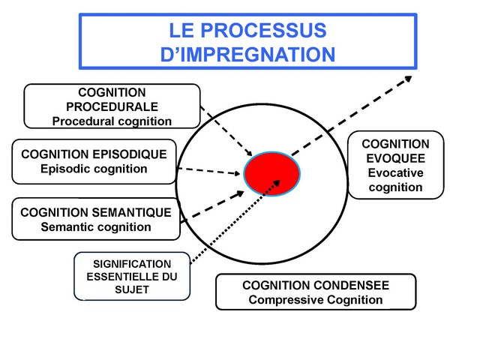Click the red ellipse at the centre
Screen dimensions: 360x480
tap(272, 173)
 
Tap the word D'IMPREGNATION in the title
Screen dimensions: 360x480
tap(247, 55)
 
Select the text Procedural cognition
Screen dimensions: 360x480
tap(112, 120)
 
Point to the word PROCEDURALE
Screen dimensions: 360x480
tap(112, 106)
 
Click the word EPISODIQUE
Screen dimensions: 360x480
tap(134, 154)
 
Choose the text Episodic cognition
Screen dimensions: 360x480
tap(94, 168)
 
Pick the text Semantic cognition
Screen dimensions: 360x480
tap(95, 226)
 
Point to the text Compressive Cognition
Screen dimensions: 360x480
tap(315, 300)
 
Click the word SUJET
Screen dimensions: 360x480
tap(132, 289)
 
